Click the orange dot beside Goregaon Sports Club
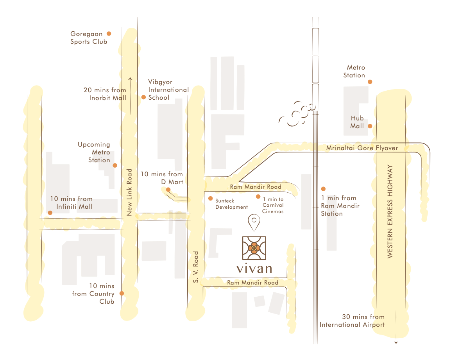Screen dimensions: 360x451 [109, 34]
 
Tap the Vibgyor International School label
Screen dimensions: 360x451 [168, 90]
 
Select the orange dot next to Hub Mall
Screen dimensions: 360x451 [370, 126]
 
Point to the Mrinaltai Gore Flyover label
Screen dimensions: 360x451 [362, 148]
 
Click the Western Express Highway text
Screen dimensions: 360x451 [390, 211]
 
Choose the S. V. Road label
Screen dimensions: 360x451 [196, 268]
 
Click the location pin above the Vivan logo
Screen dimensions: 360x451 [254, 223]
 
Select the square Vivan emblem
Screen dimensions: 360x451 [254, 248]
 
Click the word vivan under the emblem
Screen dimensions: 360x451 [254, 269]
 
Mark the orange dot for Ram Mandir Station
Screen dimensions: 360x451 [323, 188]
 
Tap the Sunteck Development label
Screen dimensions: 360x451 [231, 203]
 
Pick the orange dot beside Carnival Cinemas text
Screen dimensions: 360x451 [258, 196]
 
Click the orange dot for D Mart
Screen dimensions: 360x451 [168, 190]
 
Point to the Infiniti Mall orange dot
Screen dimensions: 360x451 [50, 213]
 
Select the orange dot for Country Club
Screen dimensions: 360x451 [122, 293]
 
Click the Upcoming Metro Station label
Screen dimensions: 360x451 [94, 152]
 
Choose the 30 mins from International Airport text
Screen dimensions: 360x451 [352, 321]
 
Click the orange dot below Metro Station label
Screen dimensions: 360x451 [370, 82]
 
